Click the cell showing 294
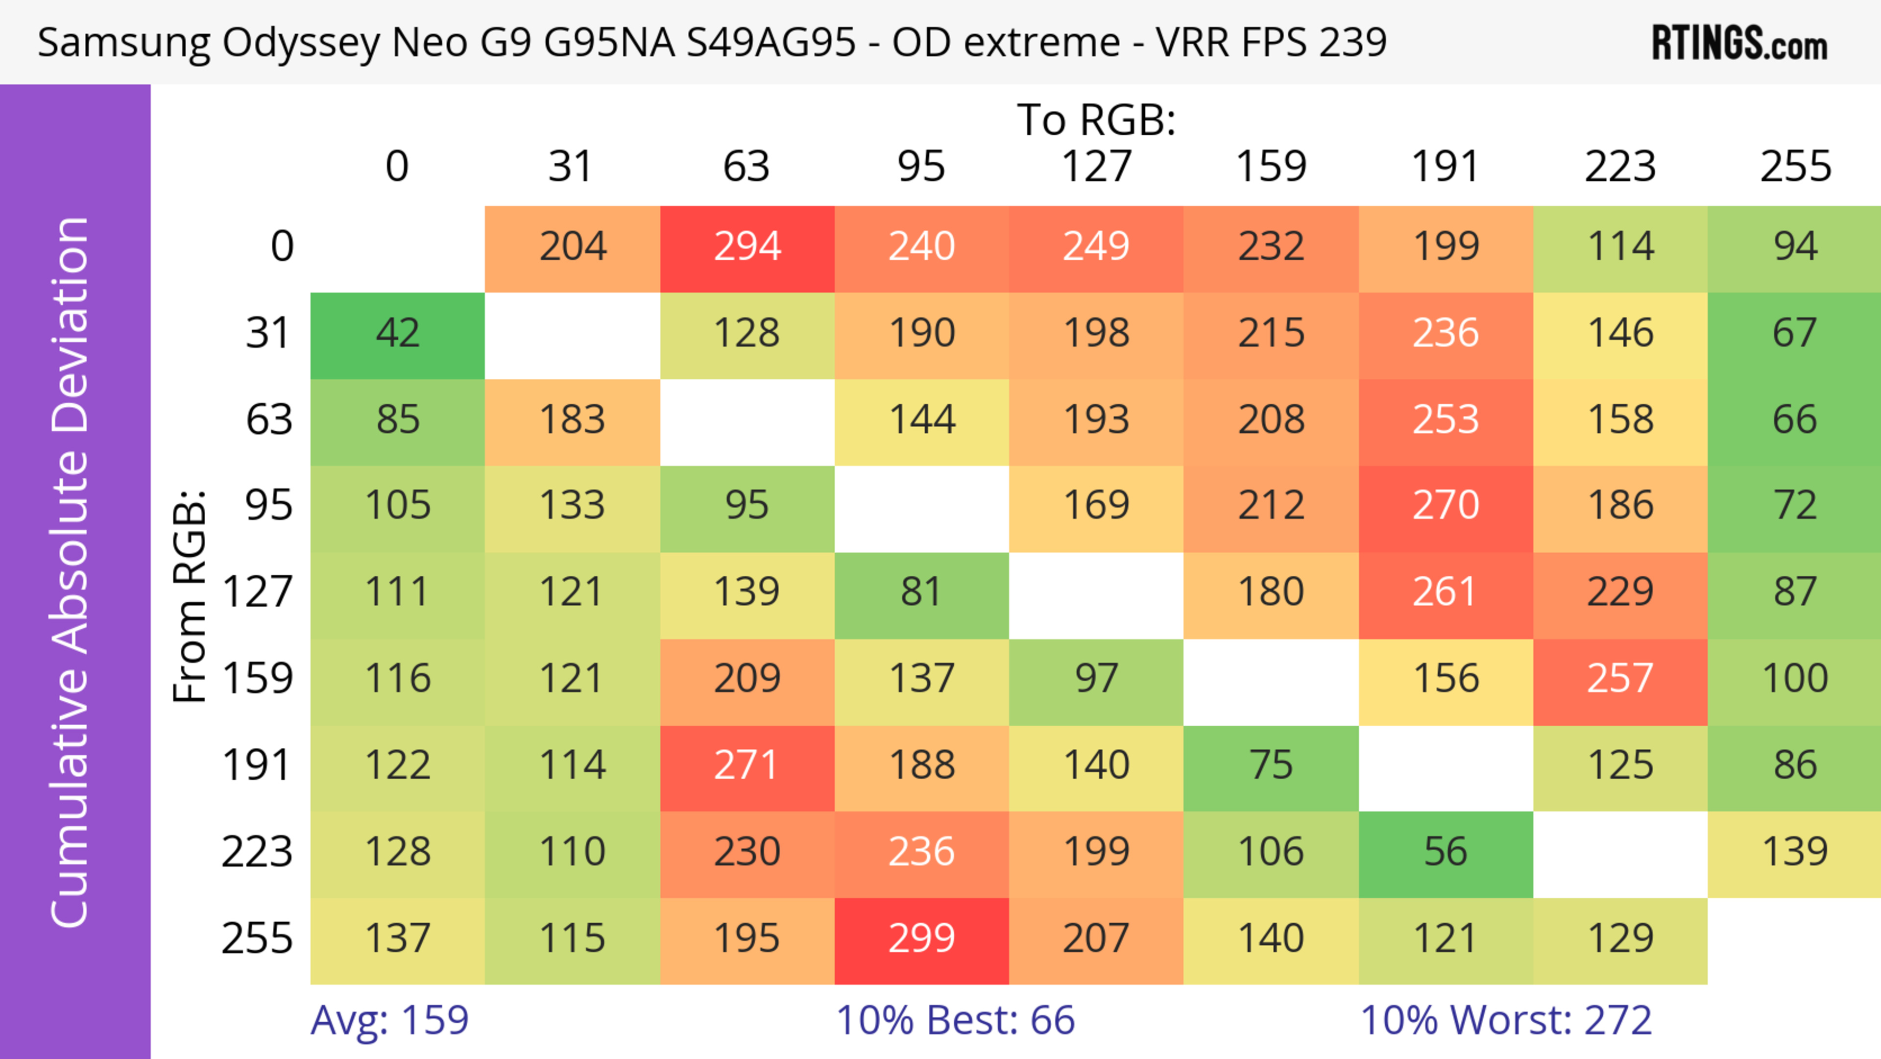pos(747,246)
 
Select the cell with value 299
pos(921,938)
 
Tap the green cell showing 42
pos(398,333)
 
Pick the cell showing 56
pos(1445,852)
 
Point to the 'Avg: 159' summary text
pos(389,1020)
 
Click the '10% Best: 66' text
pos(955,1020)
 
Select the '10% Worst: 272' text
pos(1506,1020)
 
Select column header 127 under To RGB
pos(1096,167)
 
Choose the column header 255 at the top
pos(1795,167)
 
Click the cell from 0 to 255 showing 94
pos(1795,246)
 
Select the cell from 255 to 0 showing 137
pos(398,938)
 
